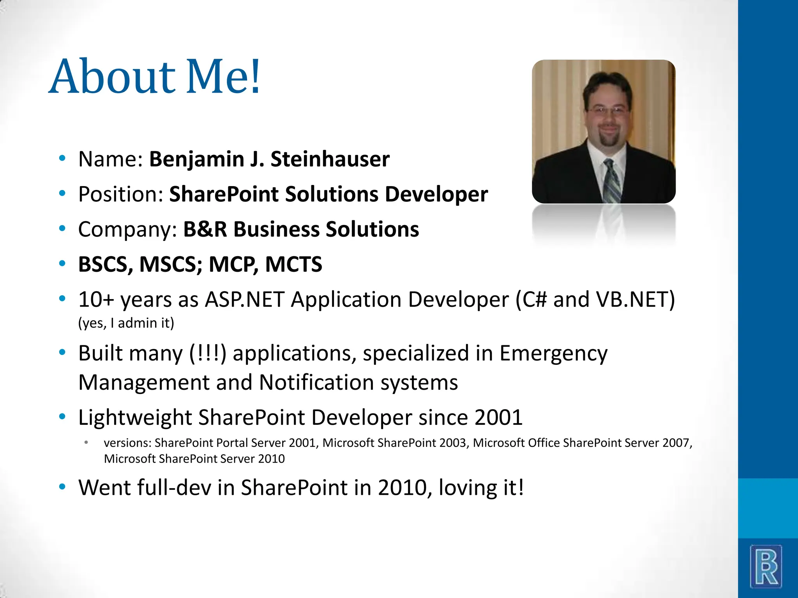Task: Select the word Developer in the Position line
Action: tap(436, 194)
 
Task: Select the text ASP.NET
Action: tap(244, 300)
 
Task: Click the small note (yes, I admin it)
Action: tap(126, 323)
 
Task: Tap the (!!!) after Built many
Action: tap(208, 354)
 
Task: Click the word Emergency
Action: tap(553, 354)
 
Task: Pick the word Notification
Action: tap(316, 382)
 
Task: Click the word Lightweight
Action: tap(135, 418)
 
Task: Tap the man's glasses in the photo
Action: tap(608, 111)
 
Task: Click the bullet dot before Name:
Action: tap(62, 158)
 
